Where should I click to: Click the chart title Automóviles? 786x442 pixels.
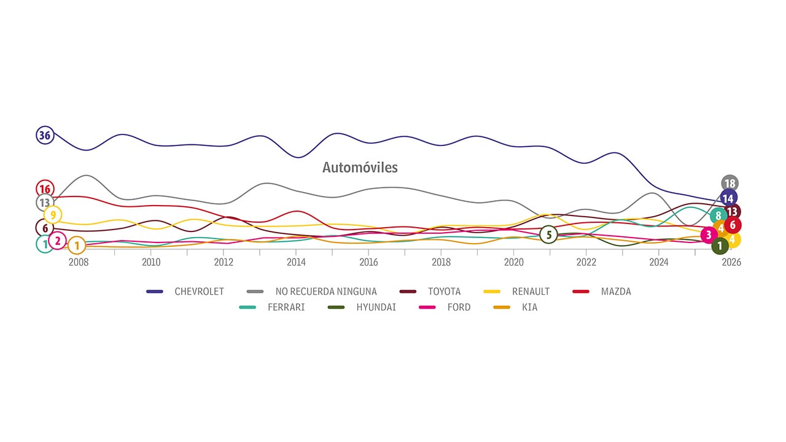[360, 168]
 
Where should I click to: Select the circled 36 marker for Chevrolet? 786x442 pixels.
[45, 135]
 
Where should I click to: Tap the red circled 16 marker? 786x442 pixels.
[45, 189]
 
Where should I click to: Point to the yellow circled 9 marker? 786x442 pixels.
[53, 215]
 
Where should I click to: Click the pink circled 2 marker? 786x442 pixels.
[58, 241]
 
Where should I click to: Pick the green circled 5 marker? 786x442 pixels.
[549, 235]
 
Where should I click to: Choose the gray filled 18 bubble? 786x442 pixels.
[730, 184]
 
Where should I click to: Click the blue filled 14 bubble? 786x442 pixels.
[728, 198]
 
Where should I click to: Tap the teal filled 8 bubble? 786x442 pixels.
[718, 216]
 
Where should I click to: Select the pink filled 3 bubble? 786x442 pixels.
[709, 235]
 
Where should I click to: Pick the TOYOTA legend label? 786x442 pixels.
[444, 292]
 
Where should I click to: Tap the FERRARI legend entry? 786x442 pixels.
[286, 307]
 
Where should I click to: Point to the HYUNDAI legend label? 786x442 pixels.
[376, 307]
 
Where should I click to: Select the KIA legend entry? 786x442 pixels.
[529, 307]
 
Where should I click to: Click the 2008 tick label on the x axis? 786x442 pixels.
[79, 262]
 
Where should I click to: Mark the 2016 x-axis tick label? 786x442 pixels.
[368, 262]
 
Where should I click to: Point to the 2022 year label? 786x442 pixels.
[586, 262]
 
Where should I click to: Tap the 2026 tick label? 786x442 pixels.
[731, 262]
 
